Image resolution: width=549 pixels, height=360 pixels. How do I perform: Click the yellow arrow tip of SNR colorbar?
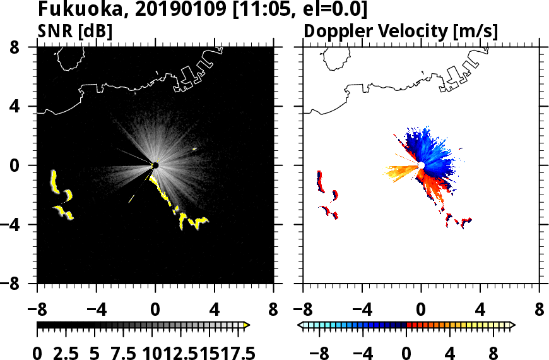247,325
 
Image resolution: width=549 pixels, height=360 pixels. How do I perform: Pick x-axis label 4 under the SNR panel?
215,311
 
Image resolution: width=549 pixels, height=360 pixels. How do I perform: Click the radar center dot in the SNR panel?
155,165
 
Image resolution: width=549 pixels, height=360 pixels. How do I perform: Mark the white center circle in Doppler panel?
421,165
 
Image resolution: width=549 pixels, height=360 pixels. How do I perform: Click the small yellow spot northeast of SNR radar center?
194,149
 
